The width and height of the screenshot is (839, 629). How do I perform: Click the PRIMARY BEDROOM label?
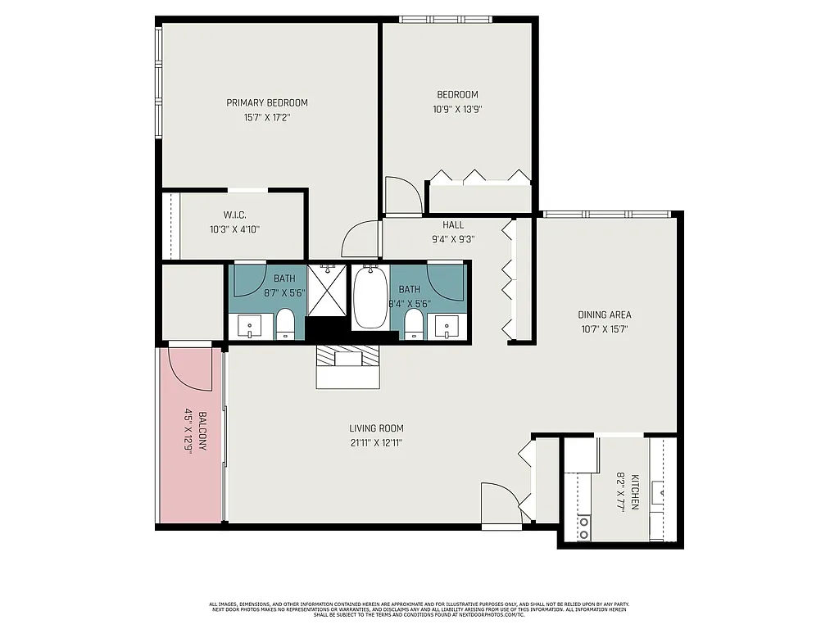point(267,102)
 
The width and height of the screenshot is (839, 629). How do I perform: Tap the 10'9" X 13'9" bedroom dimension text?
point(457,108)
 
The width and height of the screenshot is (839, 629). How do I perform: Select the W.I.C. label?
point(235,215)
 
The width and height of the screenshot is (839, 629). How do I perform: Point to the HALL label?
point(453,225)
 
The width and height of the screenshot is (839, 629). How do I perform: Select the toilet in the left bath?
point(285,323)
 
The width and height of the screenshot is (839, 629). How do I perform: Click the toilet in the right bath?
point(415,323)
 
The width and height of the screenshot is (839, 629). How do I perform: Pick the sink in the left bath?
point(250,326)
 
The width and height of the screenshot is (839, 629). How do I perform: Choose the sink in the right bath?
point(447,326)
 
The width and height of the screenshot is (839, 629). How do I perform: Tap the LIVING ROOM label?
point(376,428)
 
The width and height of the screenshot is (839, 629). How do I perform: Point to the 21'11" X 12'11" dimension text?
point(376,442)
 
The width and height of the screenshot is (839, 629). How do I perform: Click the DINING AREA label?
point(605,314)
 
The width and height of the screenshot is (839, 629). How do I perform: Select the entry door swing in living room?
point(501,501)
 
